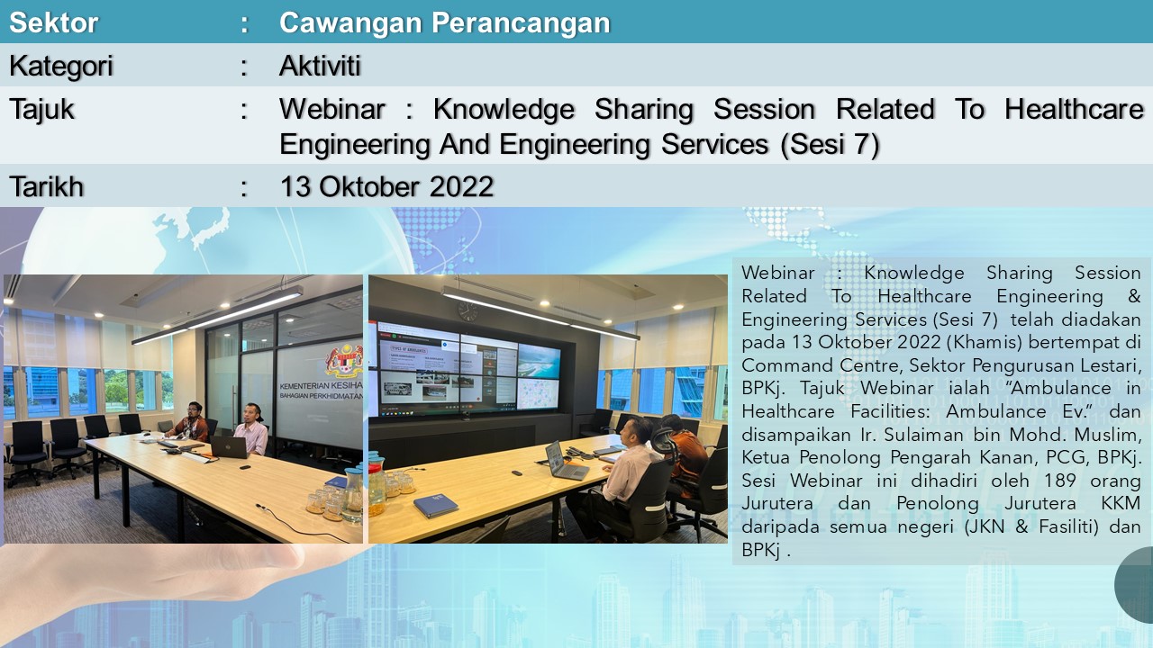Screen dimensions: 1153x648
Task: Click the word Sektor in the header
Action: point(53,22)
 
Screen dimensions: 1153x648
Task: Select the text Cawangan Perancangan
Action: point(445,23)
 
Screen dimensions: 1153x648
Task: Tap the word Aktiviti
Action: point(320,66)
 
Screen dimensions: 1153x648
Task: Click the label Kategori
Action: point(60,67)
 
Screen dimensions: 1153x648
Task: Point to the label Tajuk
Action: point(41,110)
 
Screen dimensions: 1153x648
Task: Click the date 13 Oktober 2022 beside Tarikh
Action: point(386,186)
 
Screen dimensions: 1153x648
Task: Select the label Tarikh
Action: point(46,186)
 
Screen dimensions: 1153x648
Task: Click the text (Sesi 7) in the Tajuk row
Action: point(830,145)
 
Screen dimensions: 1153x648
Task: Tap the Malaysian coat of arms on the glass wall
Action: point(345,360)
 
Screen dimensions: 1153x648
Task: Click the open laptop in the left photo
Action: point(229,446)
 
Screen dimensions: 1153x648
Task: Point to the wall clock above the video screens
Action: point(468,310)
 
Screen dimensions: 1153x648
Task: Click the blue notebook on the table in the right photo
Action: point(435,506)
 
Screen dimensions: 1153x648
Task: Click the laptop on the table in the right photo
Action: point(564,461)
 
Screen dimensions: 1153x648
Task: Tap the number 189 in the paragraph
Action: point(1060,481)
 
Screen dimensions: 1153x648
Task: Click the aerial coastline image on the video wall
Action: point(539,360)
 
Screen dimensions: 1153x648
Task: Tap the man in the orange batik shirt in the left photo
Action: point(192,423)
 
